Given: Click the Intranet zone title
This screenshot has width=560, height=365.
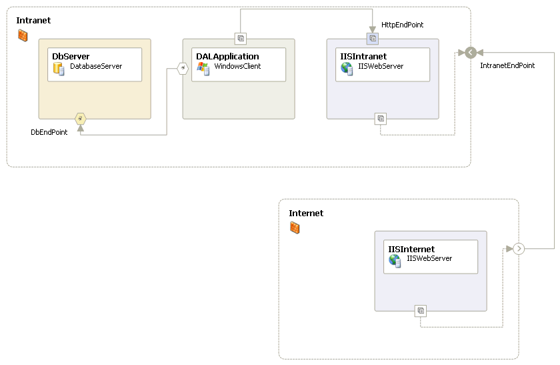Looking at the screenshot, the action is tap(33, 21).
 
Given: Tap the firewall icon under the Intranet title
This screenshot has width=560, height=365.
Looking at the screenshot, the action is tap(23, 35).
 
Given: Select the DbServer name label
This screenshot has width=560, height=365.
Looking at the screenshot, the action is tap(71, 57).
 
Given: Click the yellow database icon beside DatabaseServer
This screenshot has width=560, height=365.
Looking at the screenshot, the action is tap(59, 69).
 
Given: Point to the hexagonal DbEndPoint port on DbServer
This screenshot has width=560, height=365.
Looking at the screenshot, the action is tap(81, 119).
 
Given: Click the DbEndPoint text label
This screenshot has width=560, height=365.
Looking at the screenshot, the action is tap(49, 132).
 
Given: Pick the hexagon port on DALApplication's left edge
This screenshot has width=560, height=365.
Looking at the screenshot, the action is tap(183, 68).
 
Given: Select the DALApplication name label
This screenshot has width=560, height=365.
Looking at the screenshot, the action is tap(227, 57).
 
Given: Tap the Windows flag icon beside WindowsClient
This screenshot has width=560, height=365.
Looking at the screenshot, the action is tap(203, 69).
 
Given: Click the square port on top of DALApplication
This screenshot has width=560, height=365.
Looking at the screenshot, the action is tap(241, 39).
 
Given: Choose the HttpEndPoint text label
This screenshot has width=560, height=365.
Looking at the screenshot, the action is tap(403, 25).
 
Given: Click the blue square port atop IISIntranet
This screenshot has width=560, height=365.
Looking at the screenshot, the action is tap(373, 39).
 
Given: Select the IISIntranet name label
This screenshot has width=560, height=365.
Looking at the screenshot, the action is tap(363, 57).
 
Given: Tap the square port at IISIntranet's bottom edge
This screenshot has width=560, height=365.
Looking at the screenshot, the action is tap(381, 119).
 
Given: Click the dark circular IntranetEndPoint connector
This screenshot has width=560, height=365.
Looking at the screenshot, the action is tap(471, 53).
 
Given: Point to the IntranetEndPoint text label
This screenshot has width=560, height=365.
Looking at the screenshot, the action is tap(507, 65).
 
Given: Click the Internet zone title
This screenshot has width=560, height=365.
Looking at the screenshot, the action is tap(306, 214).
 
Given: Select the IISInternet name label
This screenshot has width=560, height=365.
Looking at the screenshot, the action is tap(411, 249).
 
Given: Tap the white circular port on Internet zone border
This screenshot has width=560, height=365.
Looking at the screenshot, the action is tap(519, 248).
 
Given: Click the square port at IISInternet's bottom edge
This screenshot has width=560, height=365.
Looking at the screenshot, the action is tap(421, 311).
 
